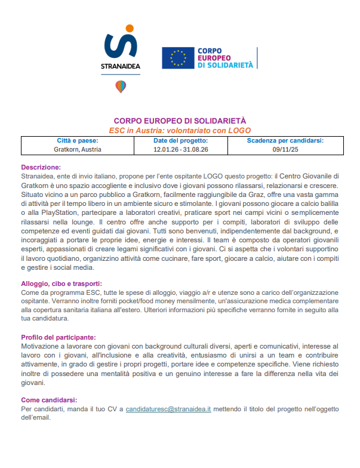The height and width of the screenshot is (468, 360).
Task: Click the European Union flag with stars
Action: tap(178, 57)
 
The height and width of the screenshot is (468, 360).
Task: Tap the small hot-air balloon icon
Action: tap(121, 87)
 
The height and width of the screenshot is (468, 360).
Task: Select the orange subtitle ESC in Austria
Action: tap(180, 130)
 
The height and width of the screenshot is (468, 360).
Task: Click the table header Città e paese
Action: tap(78, 141)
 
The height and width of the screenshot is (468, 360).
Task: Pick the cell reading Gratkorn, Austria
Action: tap(78, 150)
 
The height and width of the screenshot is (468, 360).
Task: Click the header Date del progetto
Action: tap(180, 141)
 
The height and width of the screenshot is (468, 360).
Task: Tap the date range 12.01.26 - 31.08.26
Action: tap(180, 150)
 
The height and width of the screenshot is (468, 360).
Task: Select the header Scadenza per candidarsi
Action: tap(285, 141)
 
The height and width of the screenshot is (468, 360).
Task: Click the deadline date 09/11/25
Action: tap(285, 150)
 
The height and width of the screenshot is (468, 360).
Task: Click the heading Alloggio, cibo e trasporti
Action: tap(61, 284)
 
